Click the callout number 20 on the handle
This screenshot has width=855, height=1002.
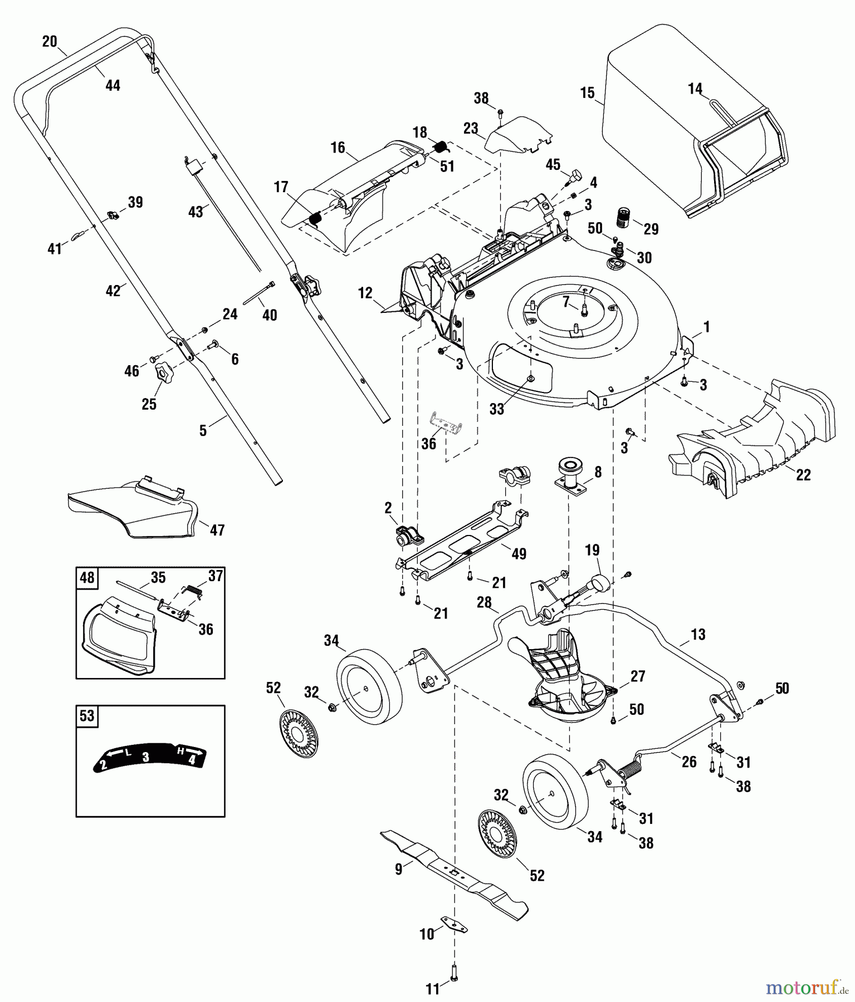[x=50, y=41]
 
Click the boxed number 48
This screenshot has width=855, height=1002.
[x=87, y=578]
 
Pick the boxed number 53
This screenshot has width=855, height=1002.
[x=87, y=716]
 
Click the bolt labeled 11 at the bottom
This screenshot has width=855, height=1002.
[x=453, y=971]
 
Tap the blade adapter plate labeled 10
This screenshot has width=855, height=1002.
[x=455, y=925]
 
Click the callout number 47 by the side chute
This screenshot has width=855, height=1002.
[x=217, y=530]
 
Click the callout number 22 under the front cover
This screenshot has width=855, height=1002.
[x=803, y=475]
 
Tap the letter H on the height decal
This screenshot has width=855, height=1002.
[x=179, y=749]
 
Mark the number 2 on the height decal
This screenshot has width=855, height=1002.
[x=103, y=765]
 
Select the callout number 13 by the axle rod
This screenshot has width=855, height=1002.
[x=698, y=634]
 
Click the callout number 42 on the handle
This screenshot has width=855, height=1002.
[x=113, y=291]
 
